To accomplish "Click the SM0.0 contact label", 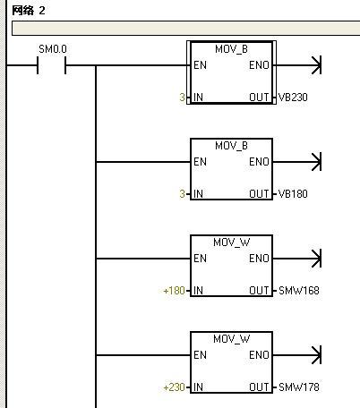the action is [x=53, y=49].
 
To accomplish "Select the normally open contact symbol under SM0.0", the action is [x=51, y=65].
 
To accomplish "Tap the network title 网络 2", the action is [x=29, y=11].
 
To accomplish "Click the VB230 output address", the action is [x=293, y=98].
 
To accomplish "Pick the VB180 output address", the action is [x=293, y=194].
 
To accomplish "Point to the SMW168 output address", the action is [x=299, y=291].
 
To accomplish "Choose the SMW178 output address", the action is [x=299, y=387].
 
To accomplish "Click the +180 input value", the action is [x=174, y=291].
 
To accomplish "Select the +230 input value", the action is [x=174, y=387].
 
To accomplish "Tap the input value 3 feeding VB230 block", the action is [x=182, y=98].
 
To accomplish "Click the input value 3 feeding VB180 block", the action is [x=182, y=194].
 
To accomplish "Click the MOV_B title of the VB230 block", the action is [x=231, y=49].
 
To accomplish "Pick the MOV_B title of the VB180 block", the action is [x=231, y=146].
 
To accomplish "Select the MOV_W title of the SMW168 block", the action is [x=232, y=242].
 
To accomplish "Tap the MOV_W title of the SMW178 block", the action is [x=232, y=339].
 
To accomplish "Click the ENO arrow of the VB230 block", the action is [x=297, y=65].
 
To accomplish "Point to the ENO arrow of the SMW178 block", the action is [x=297, y=355].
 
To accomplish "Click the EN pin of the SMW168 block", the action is [x=200, y=259].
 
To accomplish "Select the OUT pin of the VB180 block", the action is [x=259, y=194].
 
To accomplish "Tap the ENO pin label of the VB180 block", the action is [x=259, y=162].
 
